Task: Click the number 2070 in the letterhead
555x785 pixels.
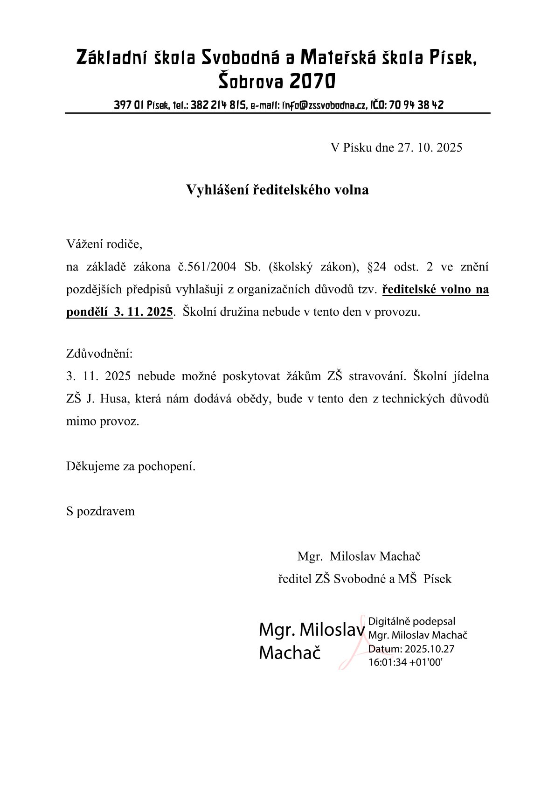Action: [x=312, y=82]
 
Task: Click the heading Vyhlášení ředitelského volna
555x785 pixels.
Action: [x=277, y=190]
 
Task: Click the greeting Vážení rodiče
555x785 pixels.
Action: [x=104, y=244]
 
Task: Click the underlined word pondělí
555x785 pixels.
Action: [x=88, y=312]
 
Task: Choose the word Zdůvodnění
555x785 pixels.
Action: [x=99, y=354]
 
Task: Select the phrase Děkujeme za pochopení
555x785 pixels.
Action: [x=131, y=466]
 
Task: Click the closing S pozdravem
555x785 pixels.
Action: [x=100, y=511]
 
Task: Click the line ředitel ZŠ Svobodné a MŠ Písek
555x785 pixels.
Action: [x=365, y=579]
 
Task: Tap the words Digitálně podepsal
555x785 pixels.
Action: [x=411, y=621]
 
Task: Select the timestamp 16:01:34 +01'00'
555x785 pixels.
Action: [x=405, y=662]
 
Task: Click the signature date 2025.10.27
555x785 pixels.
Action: [x=429, y=649]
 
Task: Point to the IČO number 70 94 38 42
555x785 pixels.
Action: [x=416, y=105]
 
